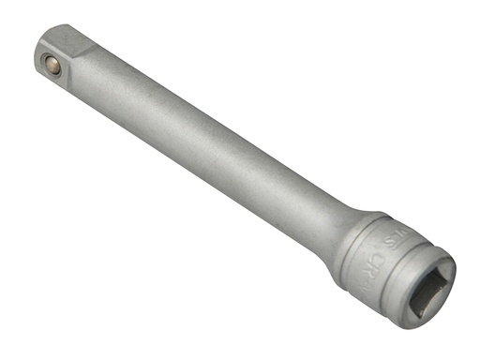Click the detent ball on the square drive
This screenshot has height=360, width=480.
click(x=52, y=65)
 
